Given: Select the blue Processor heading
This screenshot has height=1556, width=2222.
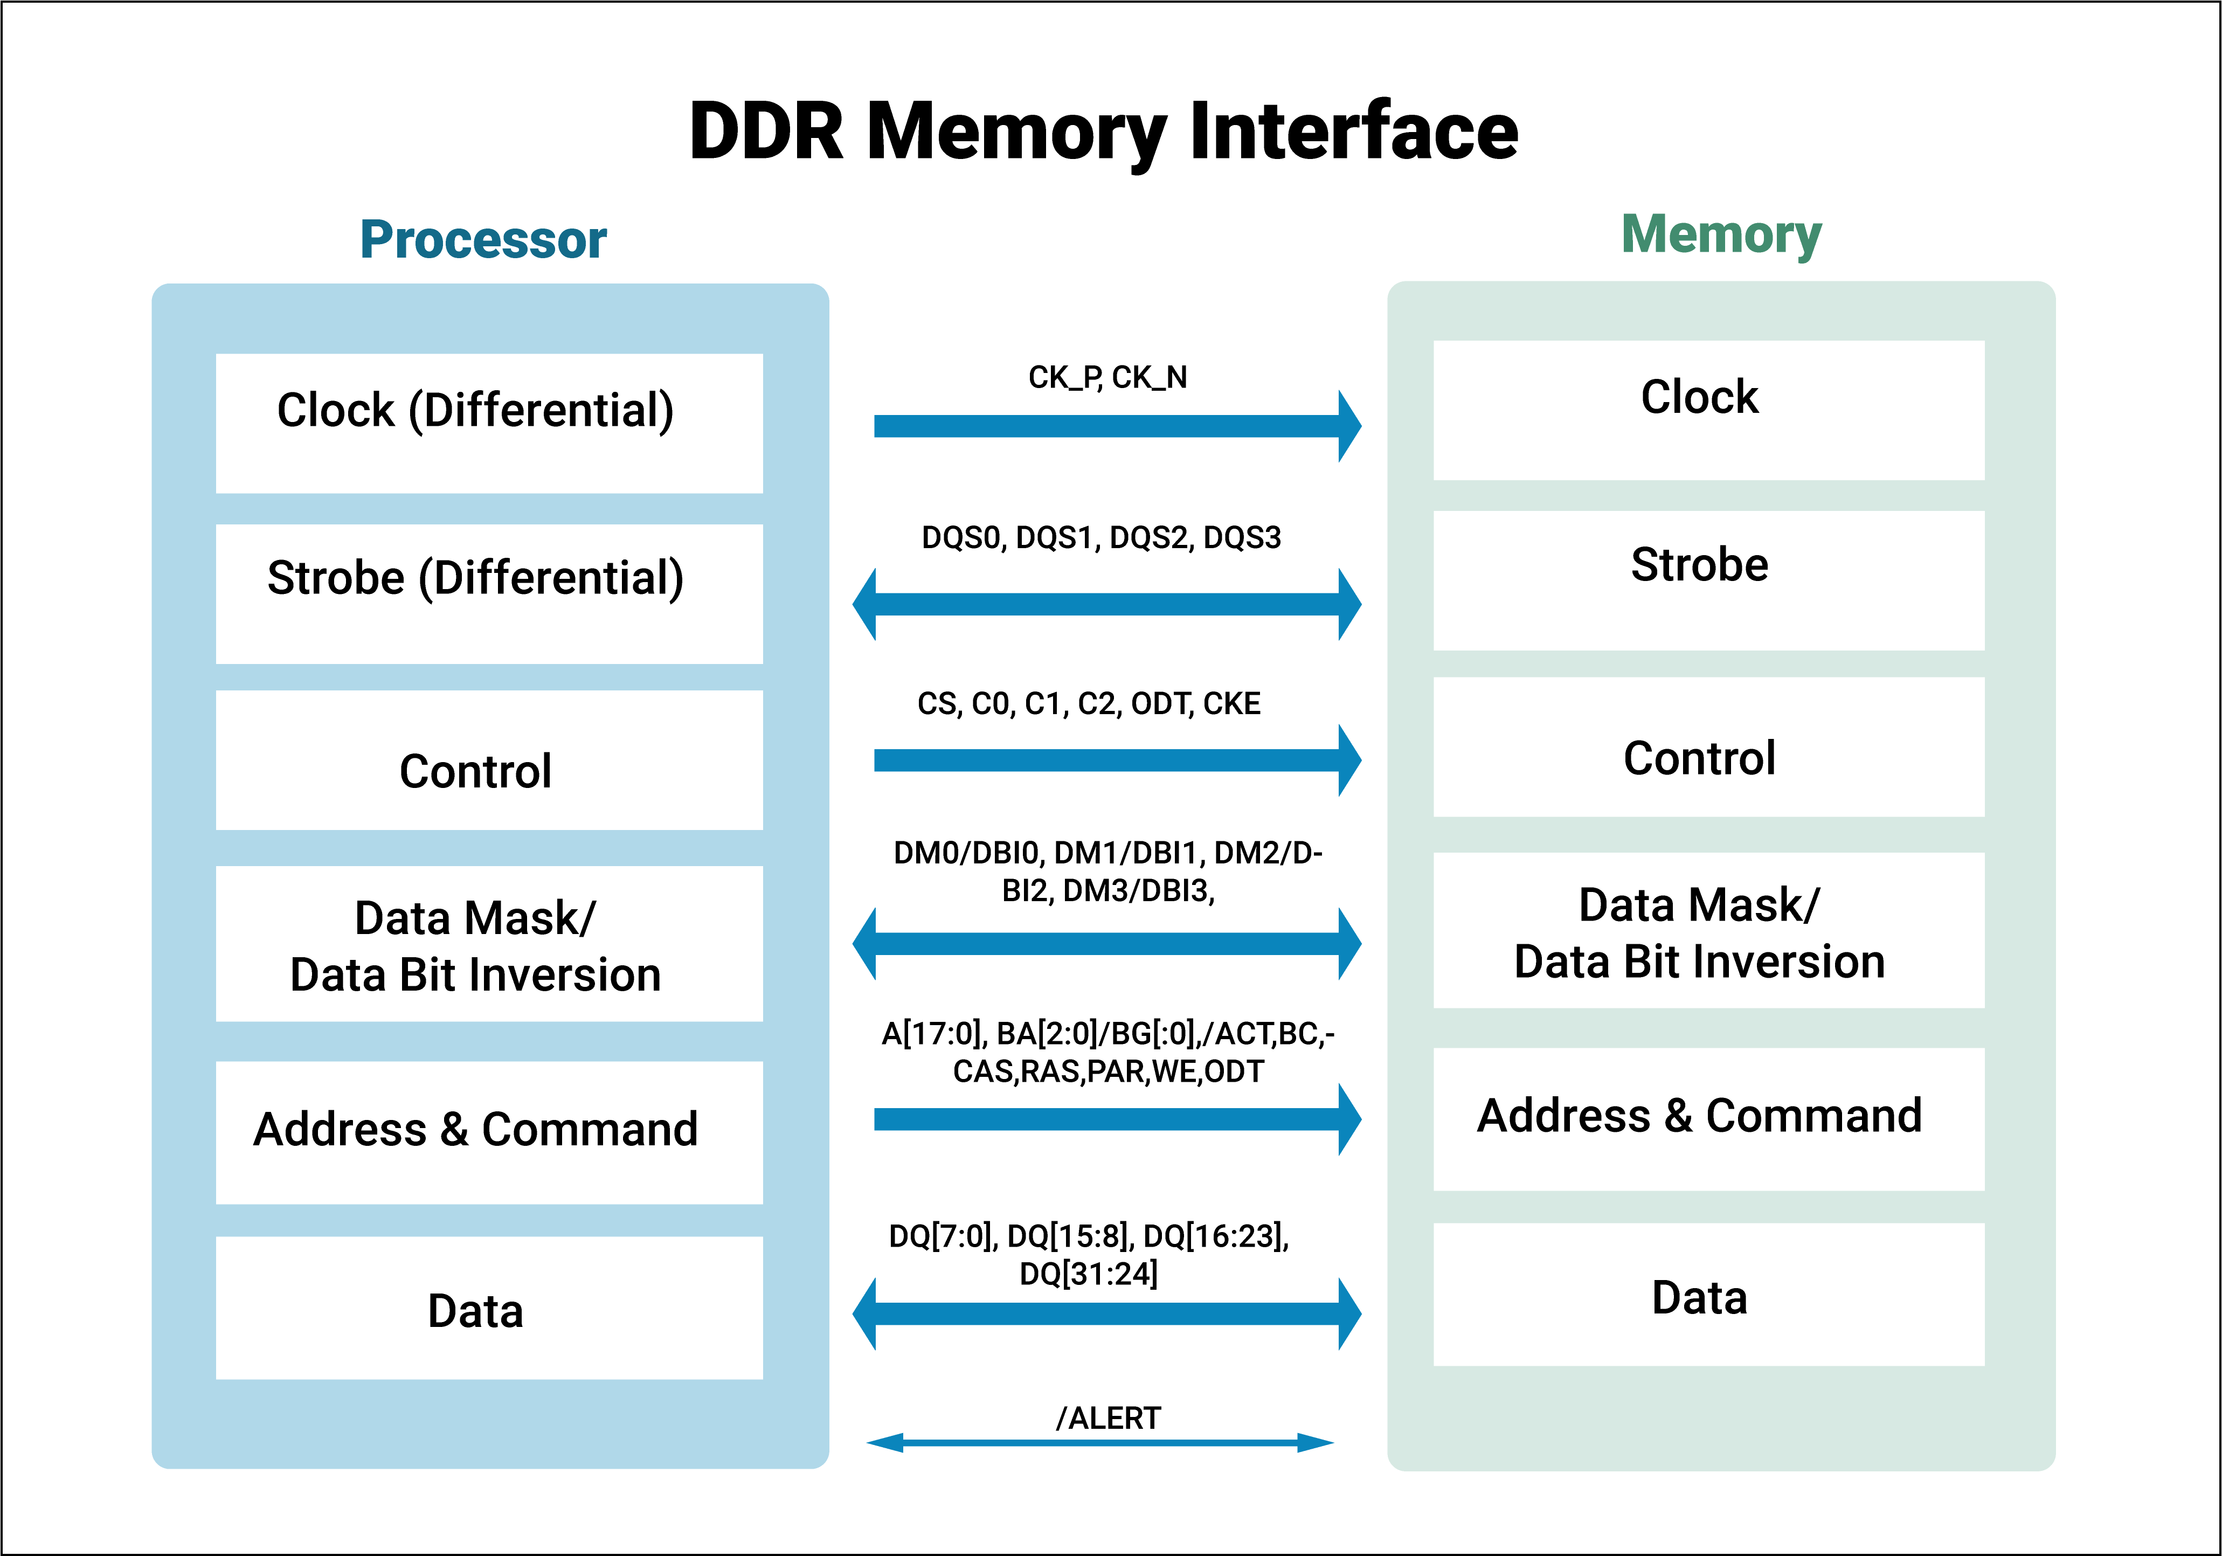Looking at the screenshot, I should (483, 240).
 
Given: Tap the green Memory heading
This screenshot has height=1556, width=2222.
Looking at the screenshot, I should (1721, 235).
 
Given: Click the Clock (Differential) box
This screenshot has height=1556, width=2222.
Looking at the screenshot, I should (489, 423).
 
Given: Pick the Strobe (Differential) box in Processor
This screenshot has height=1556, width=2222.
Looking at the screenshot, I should (489, 593).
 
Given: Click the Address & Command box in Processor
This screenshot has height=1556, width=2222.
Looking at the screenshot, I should (489, 1132).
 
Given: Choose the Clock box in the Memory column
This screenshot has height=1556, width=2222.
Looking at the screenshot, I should (1708, 409).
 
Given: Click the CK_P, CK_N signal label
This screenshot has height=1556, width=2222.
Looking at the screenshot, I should (1107, 377).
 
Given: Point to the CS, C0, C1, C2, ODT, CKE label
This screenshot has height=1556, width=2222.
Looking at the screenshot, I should (1089, 703).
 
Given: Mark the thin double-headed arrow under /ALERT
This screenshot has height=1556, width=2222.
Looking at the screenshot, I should (1100, 1443).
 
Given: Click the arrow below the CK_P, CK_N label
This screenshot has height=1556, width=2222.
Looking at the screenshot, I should (1113, 426).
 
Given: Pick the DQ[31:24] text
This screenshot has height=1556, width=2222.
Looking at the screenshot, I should (1089, 1274).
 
